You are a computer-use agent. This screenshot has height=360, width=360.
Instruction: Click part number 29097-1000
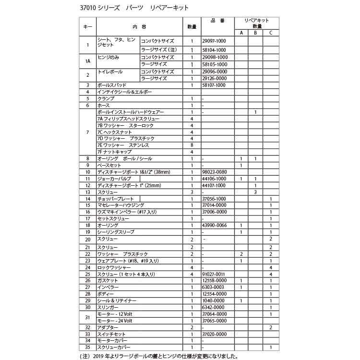click(214, 41)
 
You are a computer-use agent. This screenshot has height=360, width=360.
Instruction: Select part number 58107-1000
click(214, 85)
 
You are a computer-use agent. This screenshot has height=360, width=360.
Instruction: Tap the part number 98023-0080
click(214, 172)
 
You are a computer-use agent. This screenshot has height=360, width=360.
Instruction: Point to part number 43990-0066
click(214, 226)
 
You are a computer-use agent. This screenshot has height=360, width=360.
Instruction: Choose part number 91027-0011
click(214, 274)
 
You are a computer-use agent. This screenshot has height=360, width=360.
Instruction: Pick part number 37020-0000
click(214, 334)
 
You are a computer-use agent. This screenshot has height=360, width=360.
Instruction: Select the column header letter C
click(271, 33)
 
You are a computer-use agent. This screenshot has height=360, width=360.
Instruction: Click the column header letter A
click(241, 33)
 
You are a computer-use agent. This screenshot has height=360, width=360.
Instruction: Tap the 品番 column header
click(217, 21)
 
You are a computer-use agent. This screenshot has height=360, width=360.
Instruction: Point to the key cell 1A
click(87, 61)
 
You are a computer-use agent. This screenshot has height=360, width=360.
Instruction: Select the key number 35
click(87, 347)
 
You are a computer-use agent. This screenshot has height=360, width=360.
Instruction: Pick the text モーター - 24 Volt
click(115, 321)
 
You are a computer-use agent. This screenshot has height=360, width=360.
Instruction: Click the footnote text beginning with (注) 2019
click(158, 356)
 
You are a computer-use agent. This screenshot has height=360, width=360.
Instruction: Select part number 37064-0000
click(214, 314)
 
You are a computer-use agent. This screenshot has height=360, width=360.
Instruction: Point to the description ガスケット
click(108, 280)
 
